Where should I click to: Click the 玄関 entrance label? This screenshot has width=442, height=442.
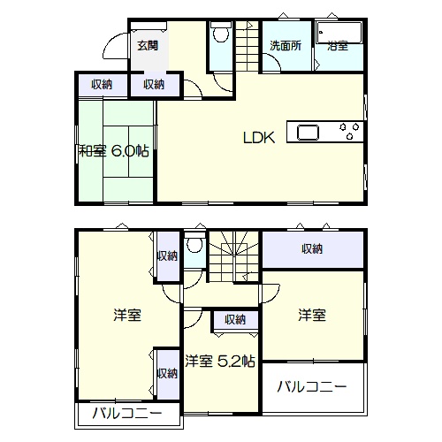148,46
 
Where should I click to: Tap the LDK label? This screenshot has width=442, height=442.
259,138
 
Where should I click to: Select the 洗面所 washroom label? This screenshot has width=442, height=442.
286,46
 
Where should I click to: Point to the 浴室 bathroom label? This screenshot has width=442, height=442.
338,46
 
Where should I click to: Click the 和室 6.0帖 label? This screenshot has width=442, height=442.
114,151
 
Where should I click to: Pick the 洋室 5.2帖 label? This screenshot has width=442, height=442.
220,361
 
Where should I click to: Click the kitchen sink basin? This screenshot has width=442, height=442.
308,133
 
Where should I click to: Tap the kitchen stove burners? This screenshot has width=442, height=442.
349,131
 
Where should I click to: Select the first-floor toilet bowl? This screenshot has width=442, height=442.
221,33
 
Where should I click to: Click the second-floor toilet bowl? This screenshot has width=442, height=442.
194,243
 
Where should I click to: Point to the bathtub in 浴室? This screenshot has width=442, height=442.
339,33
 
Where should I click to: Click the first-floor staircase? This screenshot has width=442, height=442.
247,46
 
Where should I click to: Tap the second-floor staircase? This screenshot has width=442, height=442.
233,256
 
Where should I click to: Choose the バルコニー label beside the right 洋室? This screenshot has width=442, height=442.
312,386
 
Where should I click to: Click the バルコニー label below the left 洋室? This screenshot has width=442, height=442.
127,414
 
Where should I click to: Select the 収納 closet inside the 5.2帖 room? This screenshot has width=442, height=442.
235,319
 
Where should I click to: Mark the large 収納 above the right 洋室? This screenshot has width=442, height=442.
312,249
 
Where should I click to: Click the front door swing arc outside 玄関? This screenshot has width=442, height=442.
115,46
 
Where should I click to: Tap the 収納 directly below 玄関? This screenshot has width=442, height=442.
154,85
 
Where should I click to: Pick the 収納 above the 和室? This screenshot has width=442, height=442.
102,85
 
